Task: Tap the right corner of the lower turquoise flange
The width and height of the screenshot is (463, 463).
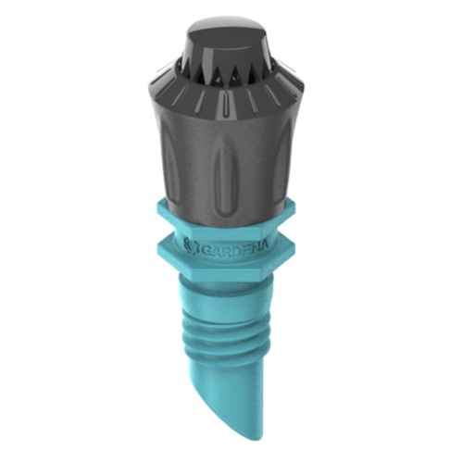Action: [x=294, y=253]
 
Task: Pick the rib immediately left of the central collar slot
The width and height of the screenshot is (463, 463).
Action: [x=201, y=100]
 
